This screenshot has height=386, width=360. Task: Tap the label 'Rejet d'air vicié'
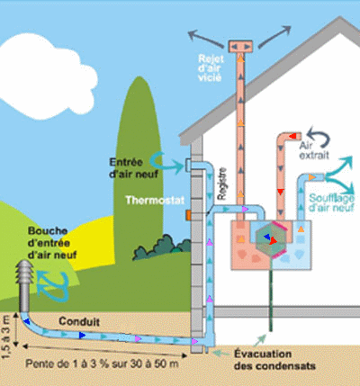tap(211, 67)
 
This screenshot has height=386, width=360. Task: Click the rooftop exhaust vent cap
tap(240, 47)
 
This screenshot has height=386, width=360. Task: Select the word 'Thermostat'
tap(155, 200)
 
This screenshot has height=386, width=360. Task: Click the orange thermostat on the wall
tap(188, 215)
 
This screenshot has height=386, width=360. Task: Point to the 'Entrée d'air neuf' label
tap(133, 168)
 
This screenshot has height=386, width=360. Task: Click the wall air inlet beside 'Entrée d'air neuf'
tap(188, 165)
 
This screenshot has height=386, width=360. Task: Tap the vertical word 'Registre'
tap(222, 184)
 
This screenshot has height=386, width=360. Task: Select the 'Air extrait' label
tap(314, 150)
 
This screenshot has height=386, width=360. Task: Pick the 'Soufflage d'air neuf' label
tap(332, 202)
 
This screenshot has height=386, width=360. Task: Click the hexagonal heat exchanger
tap(272, 238)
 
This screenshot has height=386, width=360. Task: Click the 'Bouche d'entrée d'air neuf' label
tap(52, 243)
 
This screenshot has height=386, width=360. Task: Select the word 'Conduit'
tap(79, 321)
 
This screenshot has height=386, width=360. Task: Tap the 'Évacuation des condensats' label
tap(274, 360)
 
